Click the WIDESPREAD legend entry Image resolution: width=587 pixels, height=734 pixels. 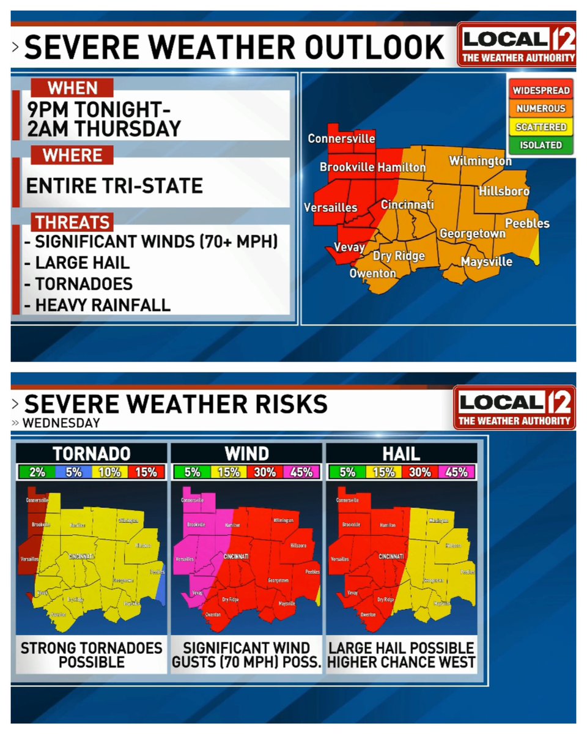(x=541, y=91)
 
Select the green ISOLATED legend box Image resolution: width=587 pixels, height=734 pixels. (x=541, y=145)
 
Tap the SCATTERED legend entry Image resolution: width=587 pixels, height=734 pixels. (x=541, y=127)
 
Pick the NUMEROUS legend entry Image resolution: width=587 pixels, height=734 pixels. (x=541, y=109)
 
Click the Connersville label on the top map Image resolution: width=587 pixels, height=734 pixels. (x=341, y=139)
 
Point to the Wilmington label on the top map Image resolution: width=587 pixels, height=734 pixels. (x=480, y=161)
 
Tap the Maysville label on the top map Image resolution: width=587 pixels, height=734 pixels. (x=486, y=262)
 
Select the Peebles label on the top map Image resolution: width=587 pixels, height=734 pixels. (x=527, y=224)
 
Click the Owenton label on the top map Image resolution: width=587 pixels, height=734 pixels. (x=372, y=273)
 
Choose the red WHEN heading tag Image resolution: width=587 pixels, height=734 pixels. (x=72, y=88)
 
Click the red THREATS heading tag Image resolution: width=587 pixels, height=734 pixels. (x=72, y=223)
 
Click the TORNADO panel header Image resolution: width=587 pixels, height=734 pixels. (x=91, y=453)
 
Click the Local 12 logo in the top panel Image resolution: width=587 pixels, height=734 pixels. (x=517, y=45)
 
